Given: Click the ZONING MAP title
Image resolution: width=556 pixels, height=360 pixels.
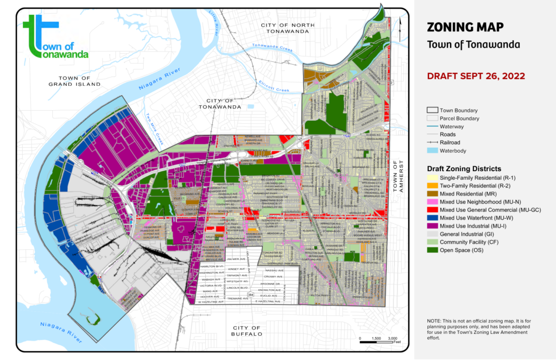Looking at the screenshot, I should (465, 27).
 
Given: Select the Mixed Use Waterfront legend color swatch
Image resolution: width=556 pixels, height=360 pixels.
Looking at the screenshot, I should (432, 217).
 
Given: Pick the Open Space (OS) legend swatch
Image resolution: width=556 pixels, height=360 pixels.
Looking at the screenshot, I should (432, 250).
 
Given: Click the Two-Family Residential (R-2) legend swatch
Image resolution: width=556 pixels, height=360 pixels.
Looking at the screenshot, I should (432, 185).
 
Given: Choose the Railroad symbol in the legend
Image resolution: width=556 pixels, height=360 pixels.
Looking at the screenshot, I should (432, 142).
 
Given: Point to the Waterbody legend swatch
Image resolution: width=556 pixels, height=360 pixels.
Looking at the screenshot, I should (432, 150).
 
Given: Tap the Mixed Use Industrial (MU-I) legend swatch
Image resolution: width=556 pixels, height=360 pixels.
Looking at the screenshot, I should (432, 225).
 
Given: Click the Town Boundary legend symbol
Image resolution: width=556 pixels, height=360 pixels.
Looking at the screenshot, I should (432, 110).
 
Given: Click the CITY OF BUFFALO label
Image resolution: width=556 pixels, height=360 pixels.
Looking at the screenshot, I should (248, 331).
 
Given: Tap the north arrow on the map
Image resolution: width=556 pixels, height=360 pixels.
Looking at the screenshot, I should (399, 23).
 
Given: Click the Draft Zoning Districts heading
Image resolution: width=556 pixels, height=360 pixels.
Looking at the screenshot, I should (464, 168).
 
